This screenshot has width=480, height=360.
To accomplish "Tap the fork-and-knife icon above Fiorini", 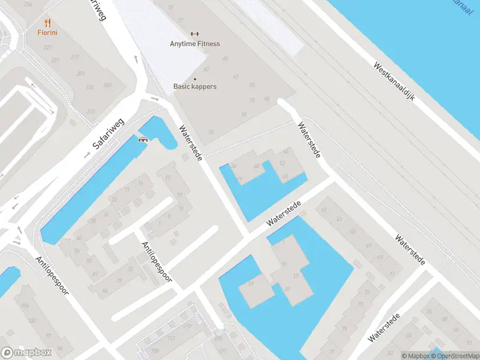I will pyautogui.click(x=47, y=23).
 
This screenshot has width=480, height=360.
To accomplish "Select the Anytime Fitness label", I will pyautogui.click(x=195, y=44).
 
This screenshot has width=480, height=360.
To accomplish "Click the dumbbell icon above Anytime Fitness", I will pyautogui.click(x=194, y=34).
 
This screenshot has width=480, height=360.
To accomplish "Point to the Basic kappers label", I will pyautogui.click(x=195, y=86).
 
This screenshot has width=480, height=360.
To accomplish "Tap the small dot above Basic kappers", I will pyautogui.click(x=194, y=79).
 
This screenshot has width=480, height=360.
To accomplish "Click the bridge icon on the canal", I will pyautogui.click(x=143, y=140).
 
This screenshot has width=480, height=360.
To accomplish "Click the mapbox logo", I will pyautogui.click(x=26, y=352).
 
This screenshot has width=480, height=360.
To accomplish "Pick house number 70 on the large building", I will pyautogui.click(x=211, y=133).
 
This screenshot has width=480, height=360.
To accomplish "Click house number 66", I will pyautogui.click(x=244, y=114).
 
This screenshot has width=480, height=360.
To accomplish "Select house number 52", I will pyautogui.click(x=282, y=163).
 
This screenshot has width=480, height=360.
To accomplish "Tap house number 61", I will pyautogui.click(x=324, y=209).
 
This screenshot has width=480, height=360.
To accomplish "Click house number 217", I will pyautogui.click(x=74, y=58).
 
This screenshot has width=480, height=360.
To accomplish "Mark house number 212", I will pyautogui.click(x=91, y=112).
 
